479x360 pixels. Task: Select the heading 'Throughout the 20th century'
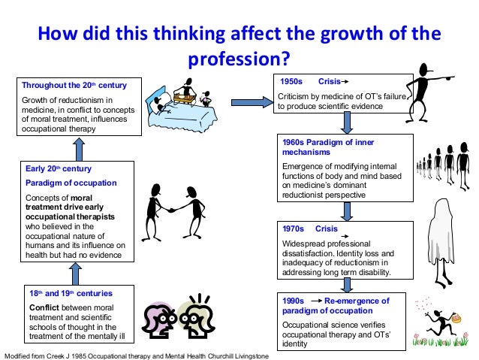[74, 85]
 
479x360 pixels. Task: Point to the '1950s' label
[291, 80]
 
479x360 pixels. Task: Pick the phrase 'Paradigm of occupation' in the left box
[71, 183]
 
